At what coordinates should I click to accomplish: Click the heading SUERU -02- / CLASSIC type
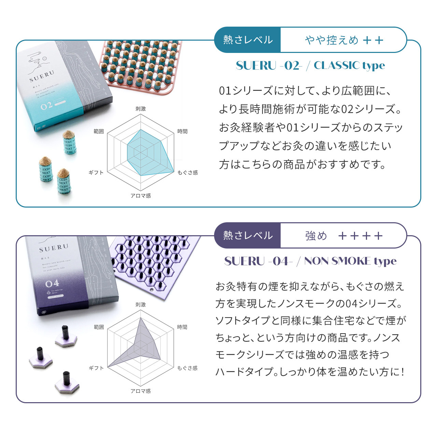[310, 65]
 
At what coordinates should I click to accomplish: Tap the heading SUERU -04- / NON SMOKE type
[310, 261]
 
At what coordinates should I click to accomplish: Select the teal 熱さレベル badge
[248, 40]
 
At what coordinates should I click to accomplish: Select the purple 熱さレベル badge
[248, 236]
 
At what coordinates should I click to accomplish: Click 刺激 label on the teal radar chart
[140, 109]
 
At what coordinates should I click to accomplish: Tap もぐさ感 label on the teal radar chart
[187, 172]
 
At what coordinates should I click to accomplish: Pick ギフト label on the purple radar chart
[96, 368]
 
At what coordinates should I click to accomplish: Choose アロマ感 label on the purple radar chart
[140, 391]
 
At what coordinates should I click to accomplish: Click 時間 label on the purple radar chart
[182, 327]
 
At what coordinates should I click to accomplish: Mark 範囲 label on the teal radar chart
[99, 131]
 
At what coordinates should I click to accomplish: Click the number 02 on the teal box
[46, 106]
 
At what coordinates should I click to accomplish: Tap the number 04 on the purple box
[52, 283]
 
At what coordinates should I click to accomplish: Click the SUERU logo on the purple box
[54, 248]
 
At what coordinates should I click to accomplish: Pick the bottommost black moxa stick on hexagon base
[67, 383]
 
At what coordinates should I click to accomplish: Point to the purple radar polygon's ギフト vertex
[109, 367]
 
